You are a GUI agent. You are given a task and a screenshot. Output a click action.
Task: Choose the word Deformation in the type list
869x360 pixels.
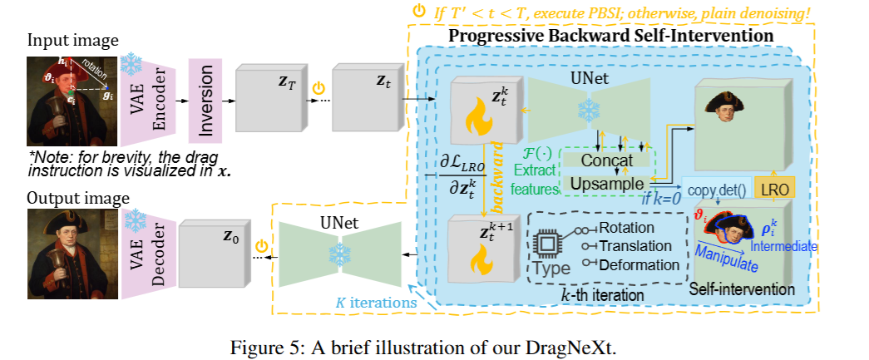639,264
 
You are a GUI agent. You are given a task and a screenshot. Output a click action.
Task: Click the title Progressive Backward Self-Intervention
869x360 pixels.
611,37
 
